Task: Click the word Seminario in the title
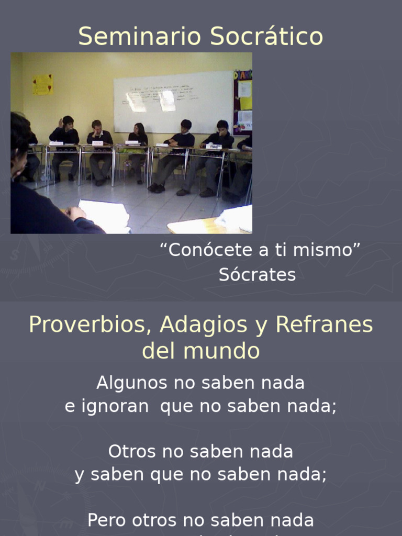point(141,37)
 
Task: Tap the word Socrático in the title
point(267,37)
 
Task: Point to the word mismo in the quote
point(327,250)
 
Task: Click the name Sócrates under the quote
point(257,275)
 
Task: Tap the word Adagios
point(204,325)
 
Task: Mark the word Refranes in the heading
point(324,325)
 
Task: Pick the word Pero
point(107,520)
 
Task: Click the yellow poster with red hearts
point(42,84)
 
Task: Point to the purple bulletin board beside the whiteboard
point(243,102)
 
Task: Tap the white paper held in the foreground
point(105,215)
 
